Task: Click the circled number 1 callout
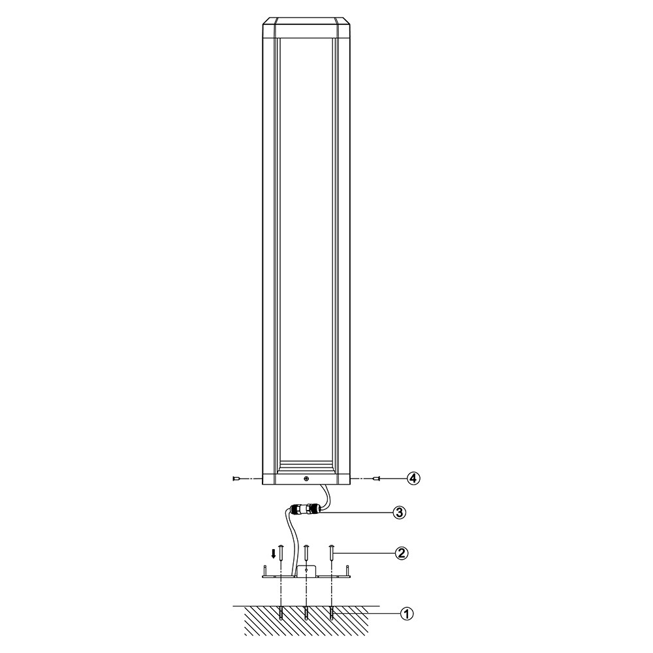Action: point(406,613)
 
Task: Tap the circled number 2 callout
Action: point(402,553)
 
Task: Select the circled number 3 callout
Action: point(399,513)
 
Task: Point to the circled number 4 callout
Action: point(413,479)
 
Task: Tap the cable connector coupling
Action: point(305,509)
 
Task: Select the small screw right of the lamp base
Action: point(377,479)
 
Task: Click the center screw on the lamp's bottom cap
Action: point(306,479)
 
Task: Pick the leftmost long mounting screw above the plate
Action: point(281,553)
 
